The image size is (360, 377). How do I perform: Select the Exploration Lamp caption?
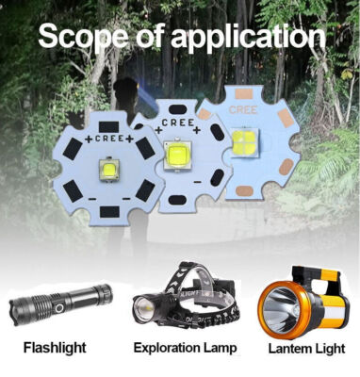point(185,348)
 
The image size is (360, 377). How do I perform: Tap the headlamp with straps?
point(183,296)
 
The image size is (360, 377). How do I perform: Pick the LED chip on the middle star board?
point(177,152)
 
